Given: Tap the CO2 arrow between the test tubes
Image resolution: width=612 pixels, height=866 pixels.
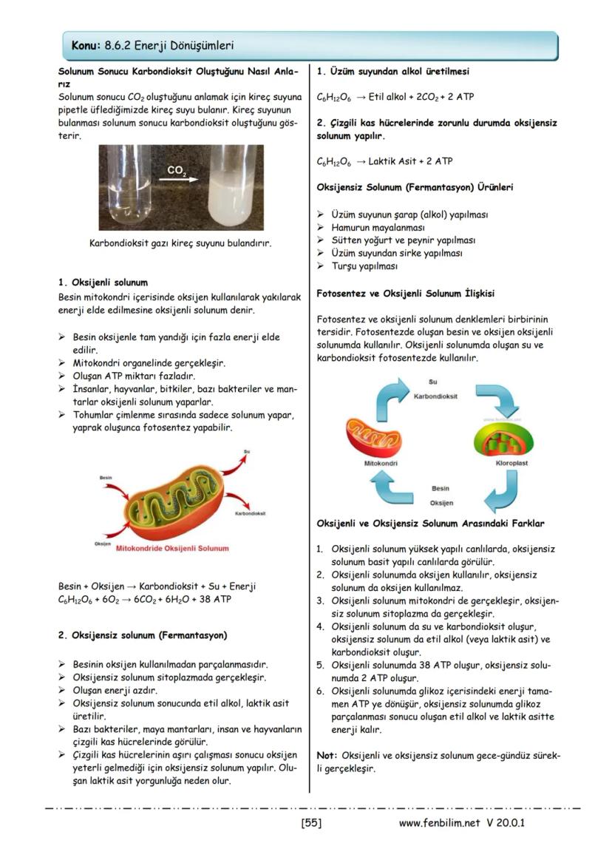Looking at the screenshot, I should pos(178,176).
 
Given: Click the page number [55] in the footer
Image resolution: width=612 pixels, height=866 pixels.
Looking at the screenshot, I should pos(311,822).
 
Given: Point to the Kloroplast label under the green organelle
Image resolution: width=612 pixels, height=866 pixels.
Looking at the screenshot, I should pos(512,463).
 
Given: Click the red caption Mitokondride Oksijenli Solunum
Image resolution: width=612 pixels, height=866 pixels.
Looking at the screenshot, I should pos(173,549).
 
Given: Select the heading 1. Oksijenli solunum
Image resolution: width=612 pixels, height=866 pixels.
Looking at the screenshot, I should pos(103,282).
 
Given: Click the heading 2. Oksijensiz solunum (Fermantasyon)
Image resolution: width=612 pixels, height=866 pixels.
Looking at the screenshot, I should pos(142,635).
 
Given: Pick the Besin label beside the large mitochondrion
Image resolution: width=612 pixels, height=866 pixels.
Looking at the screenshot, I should pos(105,478).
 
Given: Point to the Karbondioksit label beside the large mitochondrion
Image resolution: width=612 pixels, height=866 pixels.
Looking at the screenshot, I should pos(250,513).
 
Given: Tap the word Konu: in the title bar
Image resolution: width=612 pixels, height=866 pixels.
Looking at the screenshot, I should pos(86,46).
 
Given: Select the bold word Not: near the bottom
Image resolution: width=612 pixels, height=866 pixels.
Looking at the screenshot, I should pos(327,755).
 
